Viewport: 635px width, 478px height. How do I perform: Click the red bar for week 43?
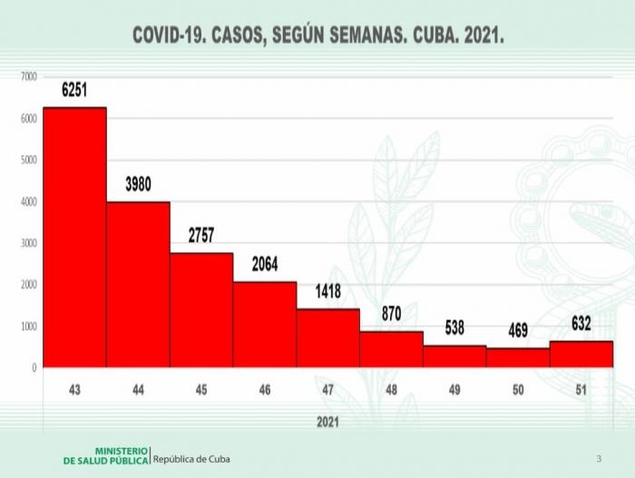coord(74,238)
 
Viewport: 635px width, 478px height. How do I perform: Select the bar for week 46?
coord(264,325)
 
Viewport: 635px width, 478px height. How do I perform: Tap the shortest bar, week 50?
coord(517,357)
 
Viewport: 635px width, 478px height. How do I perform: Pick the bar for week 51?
coord(581,354)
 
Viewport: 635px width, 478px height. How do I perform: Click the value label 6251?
coord(79,90)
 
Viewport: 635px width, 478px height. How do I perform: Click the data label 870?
coord(392,314)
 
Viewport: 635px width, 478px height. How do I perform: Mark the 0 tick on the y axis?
coord(34,367)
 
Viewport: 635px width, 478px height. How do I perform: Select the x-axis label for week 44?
coord(137,389)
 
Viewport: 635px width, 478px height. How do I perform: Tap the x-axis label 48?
coord(391,389)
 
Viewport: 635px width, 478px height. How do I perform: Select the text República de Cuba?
coord(191,459)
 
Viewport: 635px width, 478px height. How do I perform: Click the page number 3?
coord(599,458)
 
